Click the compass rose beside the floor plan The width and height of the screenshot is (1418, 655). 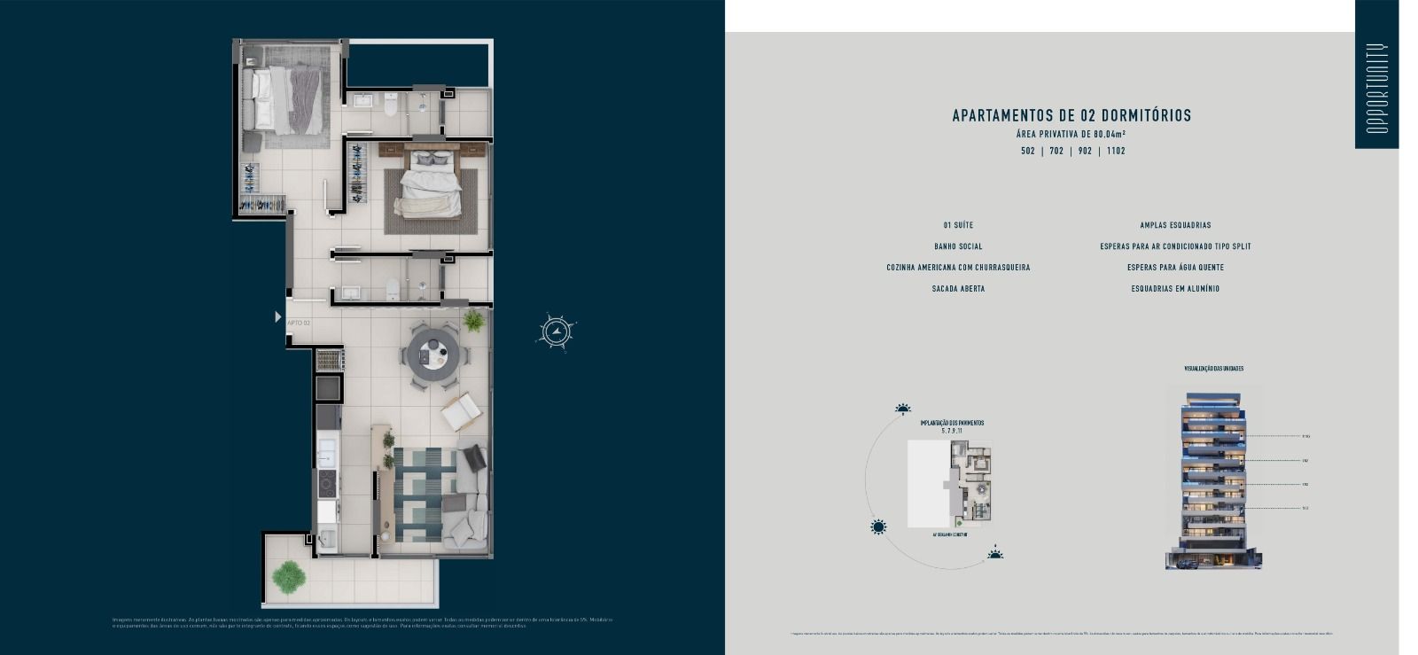click(556, 332)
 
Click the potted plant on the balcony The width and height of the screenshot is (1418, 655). click(288, 577)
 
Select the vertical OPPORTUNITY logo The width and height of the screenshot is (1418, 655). click(1376, 88)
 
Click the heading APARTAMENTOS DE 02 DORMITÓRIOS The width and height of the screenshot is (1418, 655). click(1071, 116)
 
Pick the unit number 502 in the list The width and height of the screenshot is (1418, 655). click(1028, 152)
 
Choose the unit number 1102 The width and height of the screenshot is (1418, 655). click(1116, 152)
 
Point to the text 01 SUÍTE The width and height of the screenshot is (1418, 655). click(958, 225)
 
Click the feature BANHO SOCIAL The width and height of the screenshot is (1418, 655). click(958, 246)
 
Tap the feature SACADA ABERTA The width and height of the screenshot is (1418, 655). click(958, 289)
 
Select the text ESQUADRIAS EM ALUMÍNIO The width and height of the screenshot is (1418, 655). click(1175, 289)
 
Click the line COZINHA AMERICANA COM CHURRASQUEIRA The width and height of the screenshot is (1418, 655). click(958, 268)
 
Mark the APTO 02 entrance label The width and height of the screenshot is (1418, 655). click(299, 324)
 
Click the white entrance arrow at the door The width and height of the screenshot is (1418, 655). click(277, 316)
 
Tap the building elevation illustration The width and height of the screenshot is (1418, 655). click(1212, 479)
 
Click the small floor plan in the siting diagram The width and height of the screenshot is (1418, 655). click(972, 481)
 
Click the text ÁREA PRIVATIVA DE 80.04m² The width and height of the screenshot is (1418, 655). click(1071, 135)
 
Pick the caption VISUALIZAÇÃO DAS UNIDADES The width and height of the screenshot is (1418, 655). click(1213, 369)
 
